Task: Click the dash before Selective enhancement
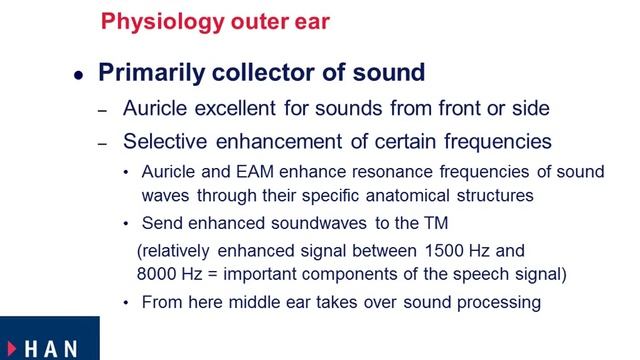101,142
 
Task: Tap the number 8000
157,271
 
